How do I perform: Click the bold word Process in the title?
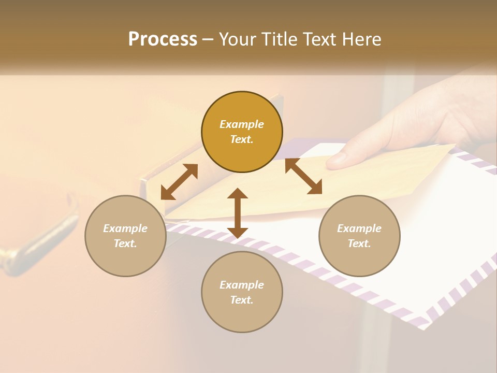pyautogui.click(x=163, y=39)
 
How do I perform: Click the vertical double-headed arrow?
pyautogui.click(x=238, y=213)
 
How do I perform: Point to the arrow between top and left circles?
pyautogui.click(x=179, y=182)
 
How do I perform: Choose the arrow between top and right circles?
pyautogui.click(x=303, y=176)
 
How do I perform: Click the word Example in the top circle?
pyautogui.click(x=242, y=124)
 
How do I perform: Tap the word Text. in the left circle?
pyautogui.click(x=125, y=243)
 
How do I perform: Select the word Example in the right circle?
pyautogui.click(x=359, y=228)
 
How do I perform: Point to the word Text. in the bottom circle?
pyautogui.click(x=242, y=300)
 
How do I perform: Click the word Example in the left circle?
pyautogui.click(x=125, y=228)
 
